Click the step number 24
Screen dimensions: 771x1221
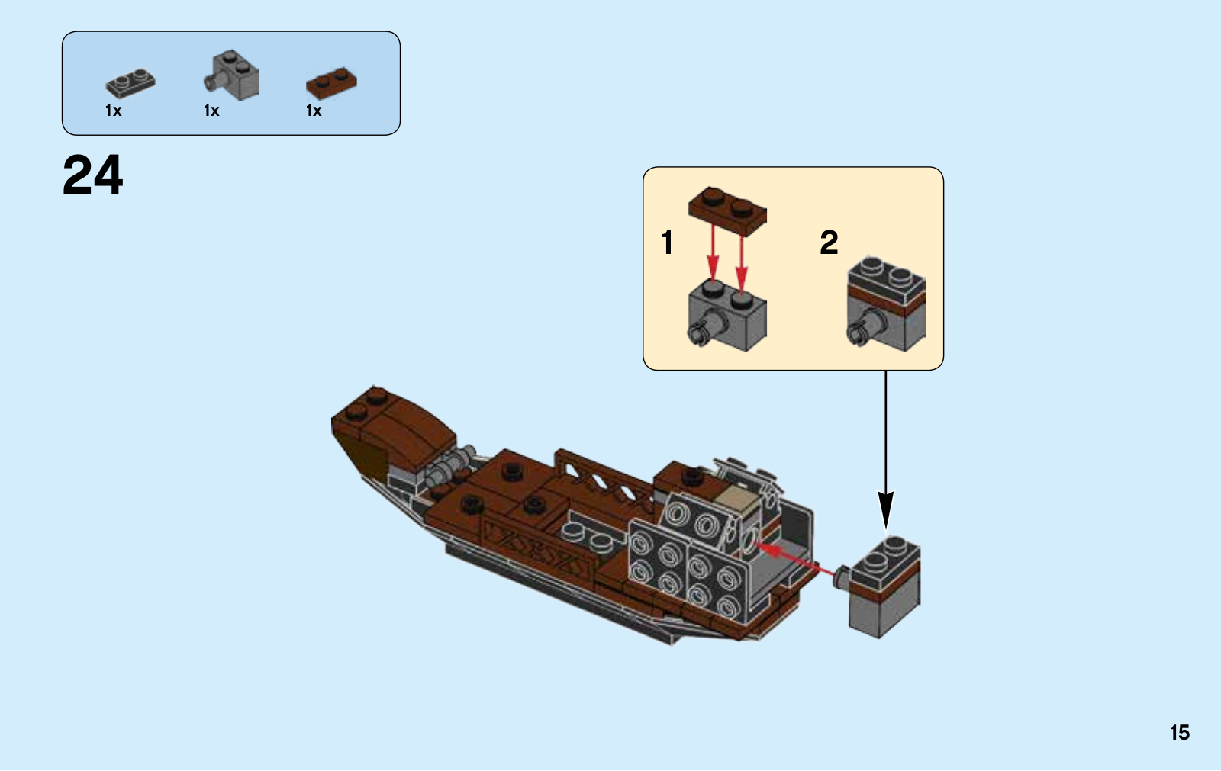92,175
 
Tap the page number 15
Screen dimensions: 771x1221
1179,733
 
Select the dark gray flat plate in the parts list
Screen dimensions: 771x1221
130,82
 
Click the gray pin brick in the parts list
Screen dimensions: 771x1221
233,75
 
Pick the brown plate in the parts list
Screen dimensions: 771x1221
332,82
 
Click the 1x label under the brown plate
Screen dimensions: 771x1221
314,111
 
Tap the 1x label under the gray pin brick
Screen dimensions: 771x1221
211,111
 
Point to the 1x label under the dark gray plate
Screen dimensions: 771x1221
113,111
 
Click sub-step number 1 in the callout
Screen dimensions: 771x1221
668,243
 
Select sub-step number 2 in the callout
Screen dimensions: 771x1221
829,243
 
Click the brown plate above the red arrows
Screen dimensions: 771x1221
727,207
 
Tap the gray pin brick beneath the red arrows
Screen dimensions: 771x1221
729,316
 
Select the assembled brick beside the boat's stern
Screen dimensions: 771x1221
885,587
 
